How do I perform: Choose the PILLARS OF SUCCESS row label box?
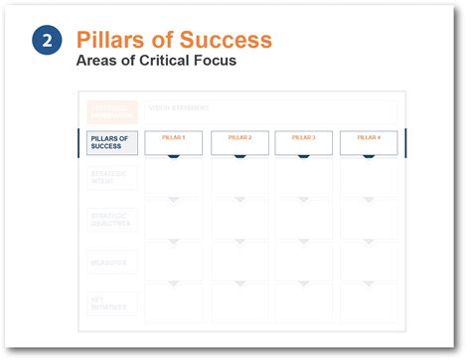click(107, 143)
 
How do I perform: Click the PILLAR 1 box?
click(174, 141)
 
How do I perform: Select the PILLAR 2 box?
click(239, 141)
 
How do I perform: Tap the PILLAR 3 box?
click(304, 141)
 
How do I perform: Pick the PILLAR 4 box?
click(369, 141)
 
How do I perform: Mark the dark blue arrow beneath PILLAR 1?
click(174, 156)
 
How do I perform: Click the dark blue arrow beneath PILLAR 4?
click(369, 156)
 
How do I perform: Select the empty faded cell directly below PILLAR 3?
click(304, 177)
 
